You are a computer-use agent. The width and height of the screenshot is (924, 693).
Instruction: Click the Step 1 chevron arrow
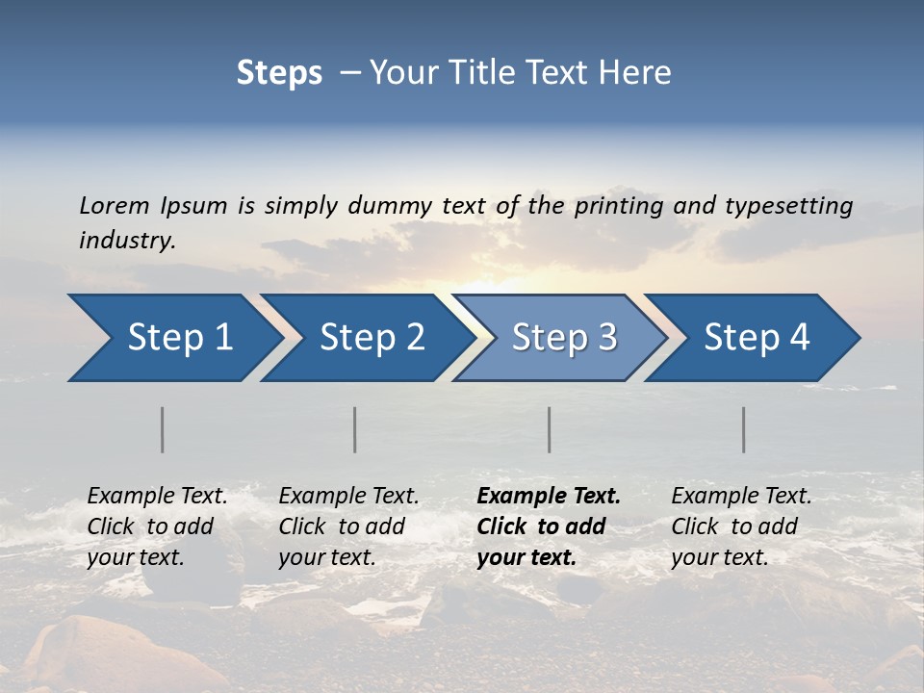(173, 338)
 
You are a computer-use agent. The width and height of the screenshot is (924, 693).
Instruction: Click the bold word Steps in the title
(279, 73)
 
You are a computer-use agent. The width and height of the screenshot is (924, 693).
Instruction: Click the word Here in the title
(636, 73)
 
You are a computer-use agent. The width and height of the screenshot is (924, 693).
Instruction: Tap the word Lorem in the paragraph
(115, 205)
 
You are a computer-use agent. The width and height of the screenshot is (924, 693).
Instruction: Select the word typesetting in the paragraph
(788, 205)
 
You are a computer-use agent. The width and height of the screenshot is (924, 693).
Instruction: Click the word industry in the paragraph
(125, 240)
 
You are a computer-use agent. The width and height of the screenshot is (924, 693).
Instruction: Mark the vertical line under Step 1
(163, 429)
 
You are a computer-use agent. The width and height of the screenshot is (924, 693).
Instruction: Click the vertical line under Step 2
(355, 429)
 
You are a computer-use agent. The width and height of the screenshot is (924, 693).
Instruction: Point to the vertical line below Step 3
(550, 429)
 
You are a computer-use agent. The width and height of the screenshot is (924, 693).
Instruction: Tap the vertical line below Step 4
(744, 429)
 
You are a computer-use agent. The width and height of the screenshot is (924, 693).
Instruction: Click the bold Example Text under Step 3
(549, 497)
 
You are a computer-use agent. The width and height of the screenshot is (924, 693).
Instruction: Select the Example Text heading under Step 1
(157, 497)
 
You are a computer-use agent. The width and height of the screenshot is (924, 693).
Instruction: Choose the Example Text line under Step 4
(741, 497)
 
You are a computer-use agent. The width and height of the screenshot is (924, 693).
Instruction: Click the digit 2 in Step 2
(414, 338)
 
